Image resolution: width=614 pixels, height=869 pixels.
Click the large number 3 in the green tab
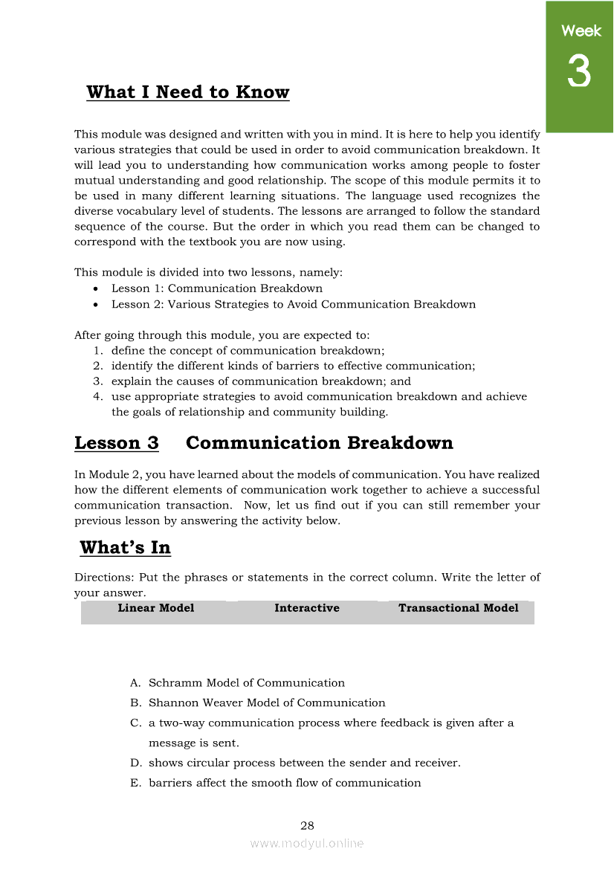click(579, 72)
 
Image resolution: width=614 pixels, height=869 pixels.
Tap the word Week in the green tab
click(581, 30)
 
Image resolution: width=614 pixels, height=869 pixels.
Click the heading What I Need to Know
click(188, 92)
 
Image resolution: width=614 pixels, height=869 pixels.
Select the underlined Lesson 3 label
click(117, 443)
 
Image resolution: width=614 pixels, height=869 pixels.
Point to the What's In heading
click(125, 548)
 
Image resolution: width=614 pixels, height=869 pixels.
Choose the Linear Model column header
click(156, 608)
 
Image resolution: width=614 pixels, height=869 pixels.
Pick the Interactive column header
click(307, 608)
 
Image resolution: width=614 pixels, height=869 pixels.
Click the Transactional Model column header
click(459, 608)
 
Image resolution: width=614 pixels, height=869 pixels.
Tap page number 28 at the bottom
click(307, 826)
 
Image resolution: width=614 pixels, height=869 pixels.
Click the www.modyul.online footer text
click(307, 843)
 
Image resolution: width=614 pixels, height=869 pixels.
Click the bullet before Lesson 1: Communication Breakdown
click(97, 289)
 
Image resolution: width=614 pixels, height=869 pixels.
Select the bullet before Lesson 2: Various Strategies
click(97, 305)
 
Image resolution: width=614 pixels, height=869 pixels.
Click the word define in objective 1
click(127, 350)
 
